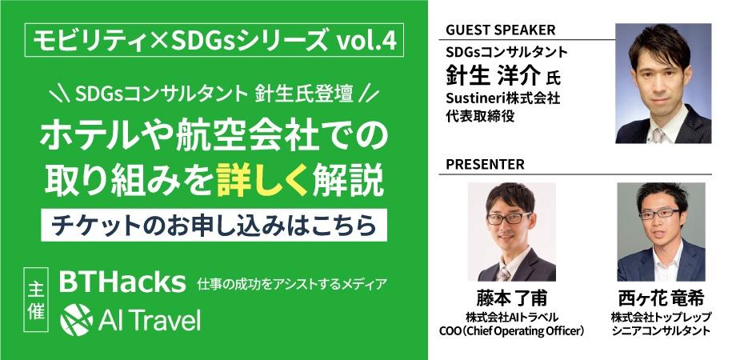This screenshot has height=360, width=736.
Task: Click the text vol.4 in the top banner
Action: coord(366,42)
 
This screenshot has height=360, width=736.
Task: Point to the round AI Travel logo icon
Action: coord(77,319)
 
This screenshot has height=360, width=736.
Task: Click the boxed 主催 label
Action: coord(36,300)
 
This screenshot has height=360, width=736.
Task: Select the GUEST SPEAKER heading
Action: coord(500,30)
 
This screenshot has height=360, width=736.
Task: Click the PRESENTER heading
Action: coord(485,165)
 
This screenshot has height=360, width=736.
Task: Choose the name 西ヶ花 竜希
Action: coord(661,298)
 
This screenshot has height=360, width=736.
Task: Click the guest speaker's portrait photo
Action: coord(662,83)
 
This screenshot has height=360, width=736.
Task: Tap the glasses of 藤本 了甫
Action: coord(508,218)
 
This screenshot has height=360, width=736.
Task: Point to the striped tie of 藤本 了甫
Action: coord(504,273)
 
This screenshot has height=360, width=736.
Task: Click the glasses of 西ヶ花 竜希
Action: coord(660,214)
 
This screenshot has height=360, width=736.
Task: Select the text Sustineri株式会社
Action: coord(502,99)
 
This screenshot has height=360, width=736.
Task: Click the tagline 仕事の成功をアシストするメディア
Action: coord(293,284)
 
